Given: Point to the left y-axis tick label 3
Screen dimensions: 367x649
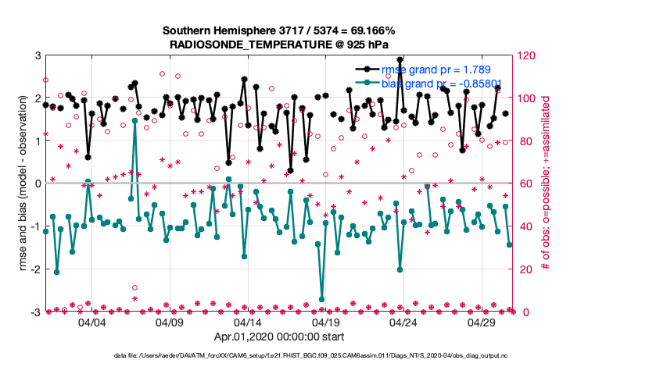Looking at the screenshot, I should tap(38, 56).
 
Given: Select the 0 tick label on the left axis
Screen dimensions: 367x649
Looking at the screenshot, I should tap(38, 183).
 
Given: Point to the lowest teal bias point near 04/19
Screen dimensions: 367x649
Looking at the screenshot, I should tap(322, 299).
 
